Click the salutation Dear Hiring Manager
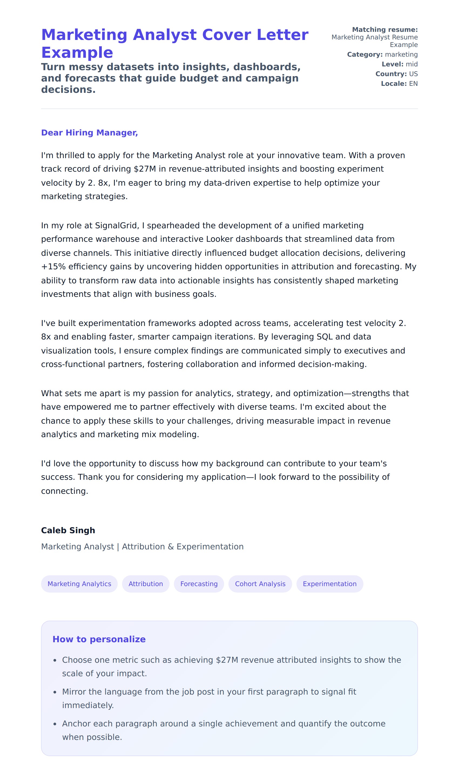click(89, 132)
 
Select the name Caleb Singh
click(68, 530)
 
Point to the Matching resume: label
click(385, 30)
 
